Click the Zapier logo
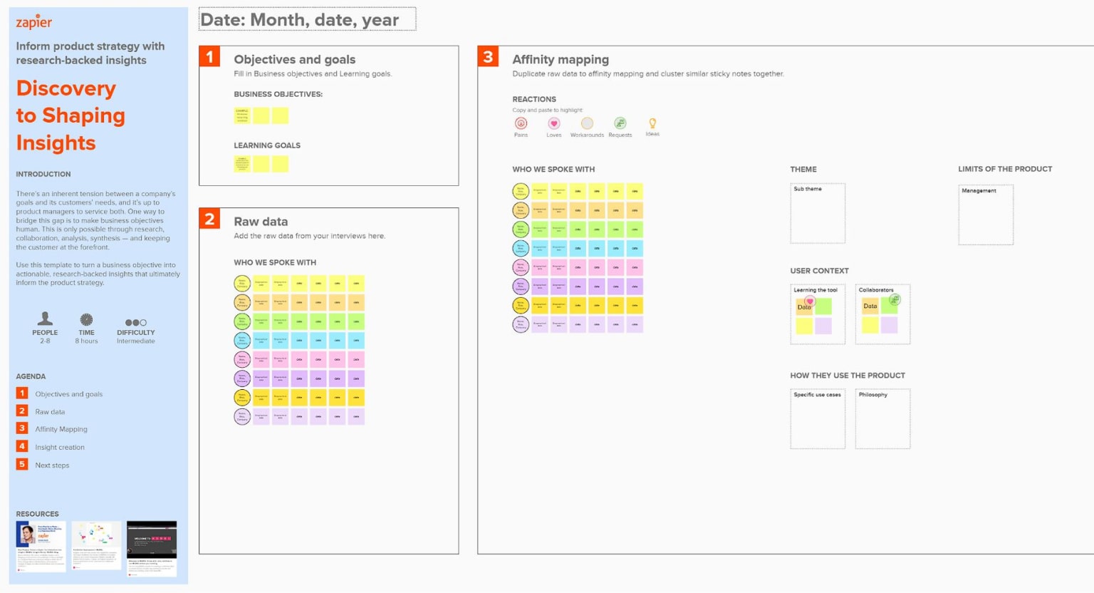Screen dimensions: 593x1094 pos(34,22)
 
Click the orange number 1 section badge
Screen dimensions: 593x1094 pos(209,56)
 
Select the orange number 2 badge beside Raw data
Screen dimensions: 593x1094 pos(209,219)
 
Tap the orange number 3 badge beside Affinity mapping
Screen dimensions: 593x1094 pos(488,56)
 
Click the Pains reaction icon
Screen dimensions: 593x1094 pos(521,123)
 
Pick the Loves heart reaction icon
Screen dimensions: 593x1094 pos(553,123)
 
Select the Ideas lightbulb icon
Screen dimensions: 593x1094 pos(652,123)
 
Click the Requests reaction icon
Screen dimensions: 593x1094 pos(620,123)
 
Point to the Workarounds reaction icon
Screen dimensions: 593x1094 pos(587,123)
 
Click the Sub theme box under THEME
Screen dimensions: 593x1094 pos(818,213)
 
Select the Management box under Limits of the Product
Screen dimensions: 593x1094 pos(986,215)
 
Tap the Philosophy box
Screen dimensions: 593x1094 pos(882,418)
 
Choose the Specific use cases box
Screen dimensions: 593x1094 pos(818,418)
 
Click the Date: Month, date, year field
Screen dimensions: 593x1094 pos(307,19)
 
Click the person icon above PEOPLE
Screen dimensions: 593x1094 pos(45,319)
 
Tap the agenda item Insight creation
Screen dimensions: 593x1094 pos(60,448)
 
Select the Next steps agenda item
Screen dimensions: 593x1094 pos(52,465)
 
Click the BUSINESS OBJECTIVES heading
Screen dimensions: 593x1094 pos(278,94)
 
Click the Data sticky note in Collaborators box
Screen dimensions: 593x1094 pos(870,306)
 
